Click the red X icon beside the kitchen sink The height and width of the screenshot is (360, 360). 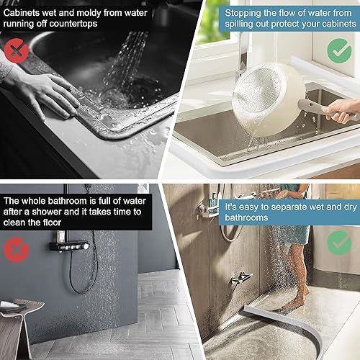[17, 50]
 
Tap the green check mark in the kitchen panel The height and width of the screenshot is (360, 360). [339, 50]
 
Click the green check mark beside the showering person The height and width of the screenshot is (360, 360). [339, 242]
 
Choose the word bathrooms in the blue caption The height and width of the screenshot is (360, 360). [246, 217]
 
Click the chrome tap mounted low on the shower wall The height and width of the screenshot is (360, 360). [242, 277]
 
